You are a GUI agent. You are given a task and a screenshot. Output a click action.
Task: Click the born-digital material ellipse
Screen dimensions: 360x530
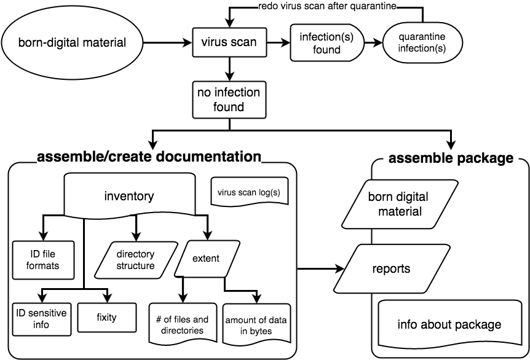point(72,43)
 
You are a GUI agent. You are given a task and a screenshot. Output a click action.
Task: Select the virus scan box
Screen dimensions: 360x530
point(229,43)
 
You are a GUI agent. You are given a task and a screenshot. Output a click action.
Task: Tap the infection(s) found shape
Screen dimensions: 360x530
point(326,43)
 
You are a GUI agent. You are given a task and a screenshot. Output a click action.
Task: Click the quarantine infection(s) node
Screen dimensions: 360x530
point(422,43)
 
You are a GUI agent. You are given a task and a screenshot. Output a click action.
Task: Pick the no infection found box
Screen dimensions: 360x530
point(229,100)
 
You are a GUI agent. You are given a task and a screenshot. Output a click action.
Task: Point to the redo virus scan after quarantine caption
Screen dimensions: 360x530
point(326,7)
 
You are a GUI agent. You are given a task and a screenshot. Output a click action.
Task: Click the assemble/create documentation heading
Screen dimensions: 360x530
point(149,157)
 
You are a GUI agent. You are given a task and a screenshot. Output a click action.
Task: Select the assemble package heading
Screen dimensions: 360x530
point(451,158)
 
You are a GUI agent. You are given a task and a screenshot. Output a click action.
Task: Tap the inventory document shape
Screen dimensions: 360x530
point(129,196)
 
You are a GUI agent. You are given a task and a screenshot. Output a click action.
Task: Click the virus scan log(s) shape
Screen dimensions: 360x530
point(249,192)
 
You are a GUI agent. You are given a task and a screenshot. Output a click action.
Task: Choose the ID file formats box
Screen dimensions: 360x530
point(44,260)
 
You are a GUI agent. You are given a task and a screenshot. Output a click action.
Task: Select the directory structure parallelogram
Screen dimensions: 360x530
point(135,260)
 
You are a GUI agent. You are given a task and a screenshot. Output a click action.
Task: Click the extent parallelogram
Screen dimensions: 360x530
point(207,259)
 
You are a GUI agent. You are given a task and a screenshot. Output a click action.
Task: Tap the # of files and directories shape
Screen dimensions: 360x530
point(183,324)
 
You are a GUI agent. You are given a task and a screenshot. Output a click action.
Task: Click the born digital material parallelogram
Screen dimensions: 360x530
point(399,204)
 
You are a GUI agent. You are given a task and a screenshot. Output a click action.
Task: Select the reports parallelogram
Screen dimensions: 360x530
point(391,268)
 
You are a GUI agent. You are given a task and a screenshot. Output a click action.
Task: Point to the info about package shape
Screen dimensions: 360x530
point(449,324)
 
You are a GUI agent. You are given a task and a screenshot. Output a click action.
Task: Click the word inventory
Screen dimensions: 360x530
point(129,197)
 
